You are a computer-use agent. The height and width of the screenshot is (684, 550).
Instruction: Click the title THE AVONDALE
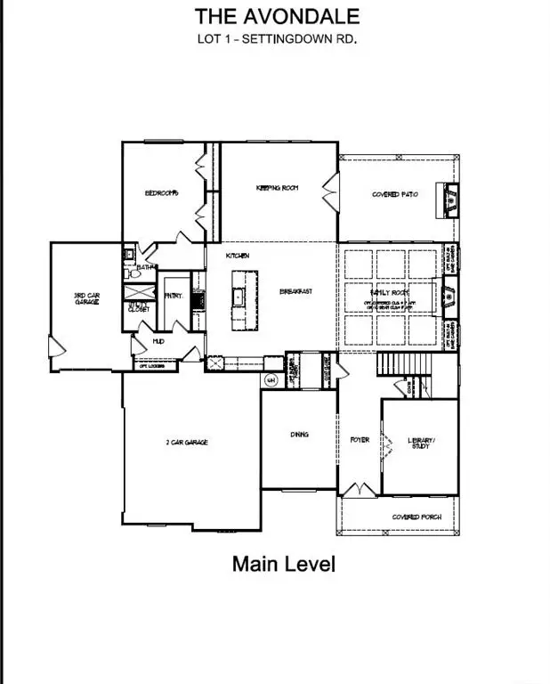coord(277,16)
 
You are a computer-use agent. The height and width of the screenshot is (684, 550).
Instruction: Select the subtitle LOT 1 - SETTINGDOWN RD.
coord(277,38)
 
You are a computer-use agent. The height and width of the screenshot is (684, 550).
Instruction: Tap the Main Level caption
coord(284,564)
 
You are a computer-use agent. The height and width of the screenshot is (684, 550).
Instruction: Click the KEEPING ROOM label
coord(277,188)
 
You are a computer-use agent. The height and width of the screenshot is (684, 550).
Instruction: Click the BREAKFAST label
coord(295,291)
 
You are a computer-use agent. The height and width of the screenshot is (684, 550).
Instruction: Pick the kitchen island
coord(239,299)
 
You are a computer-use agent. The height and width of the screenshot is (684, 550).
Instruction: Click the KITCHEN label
coord(237,256)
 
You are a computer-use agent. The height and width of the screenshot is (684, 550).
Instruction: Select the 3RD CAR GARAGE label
coord(85,299)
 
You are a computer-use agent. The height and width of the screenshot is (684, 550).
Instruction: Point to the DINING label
coord(299,435)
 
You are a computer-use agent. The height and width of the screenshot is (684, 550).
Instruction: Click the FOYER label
coord(359,439)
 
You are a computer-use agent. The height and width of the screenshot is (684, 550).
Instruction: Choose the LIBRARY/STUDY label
coord(419,443)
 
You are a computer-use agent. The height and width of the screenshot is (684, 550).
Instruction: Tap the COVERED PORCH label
coord(412,517)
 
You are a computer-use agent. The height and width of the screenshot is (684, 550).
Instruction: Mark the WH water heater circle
coord(271,379)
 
